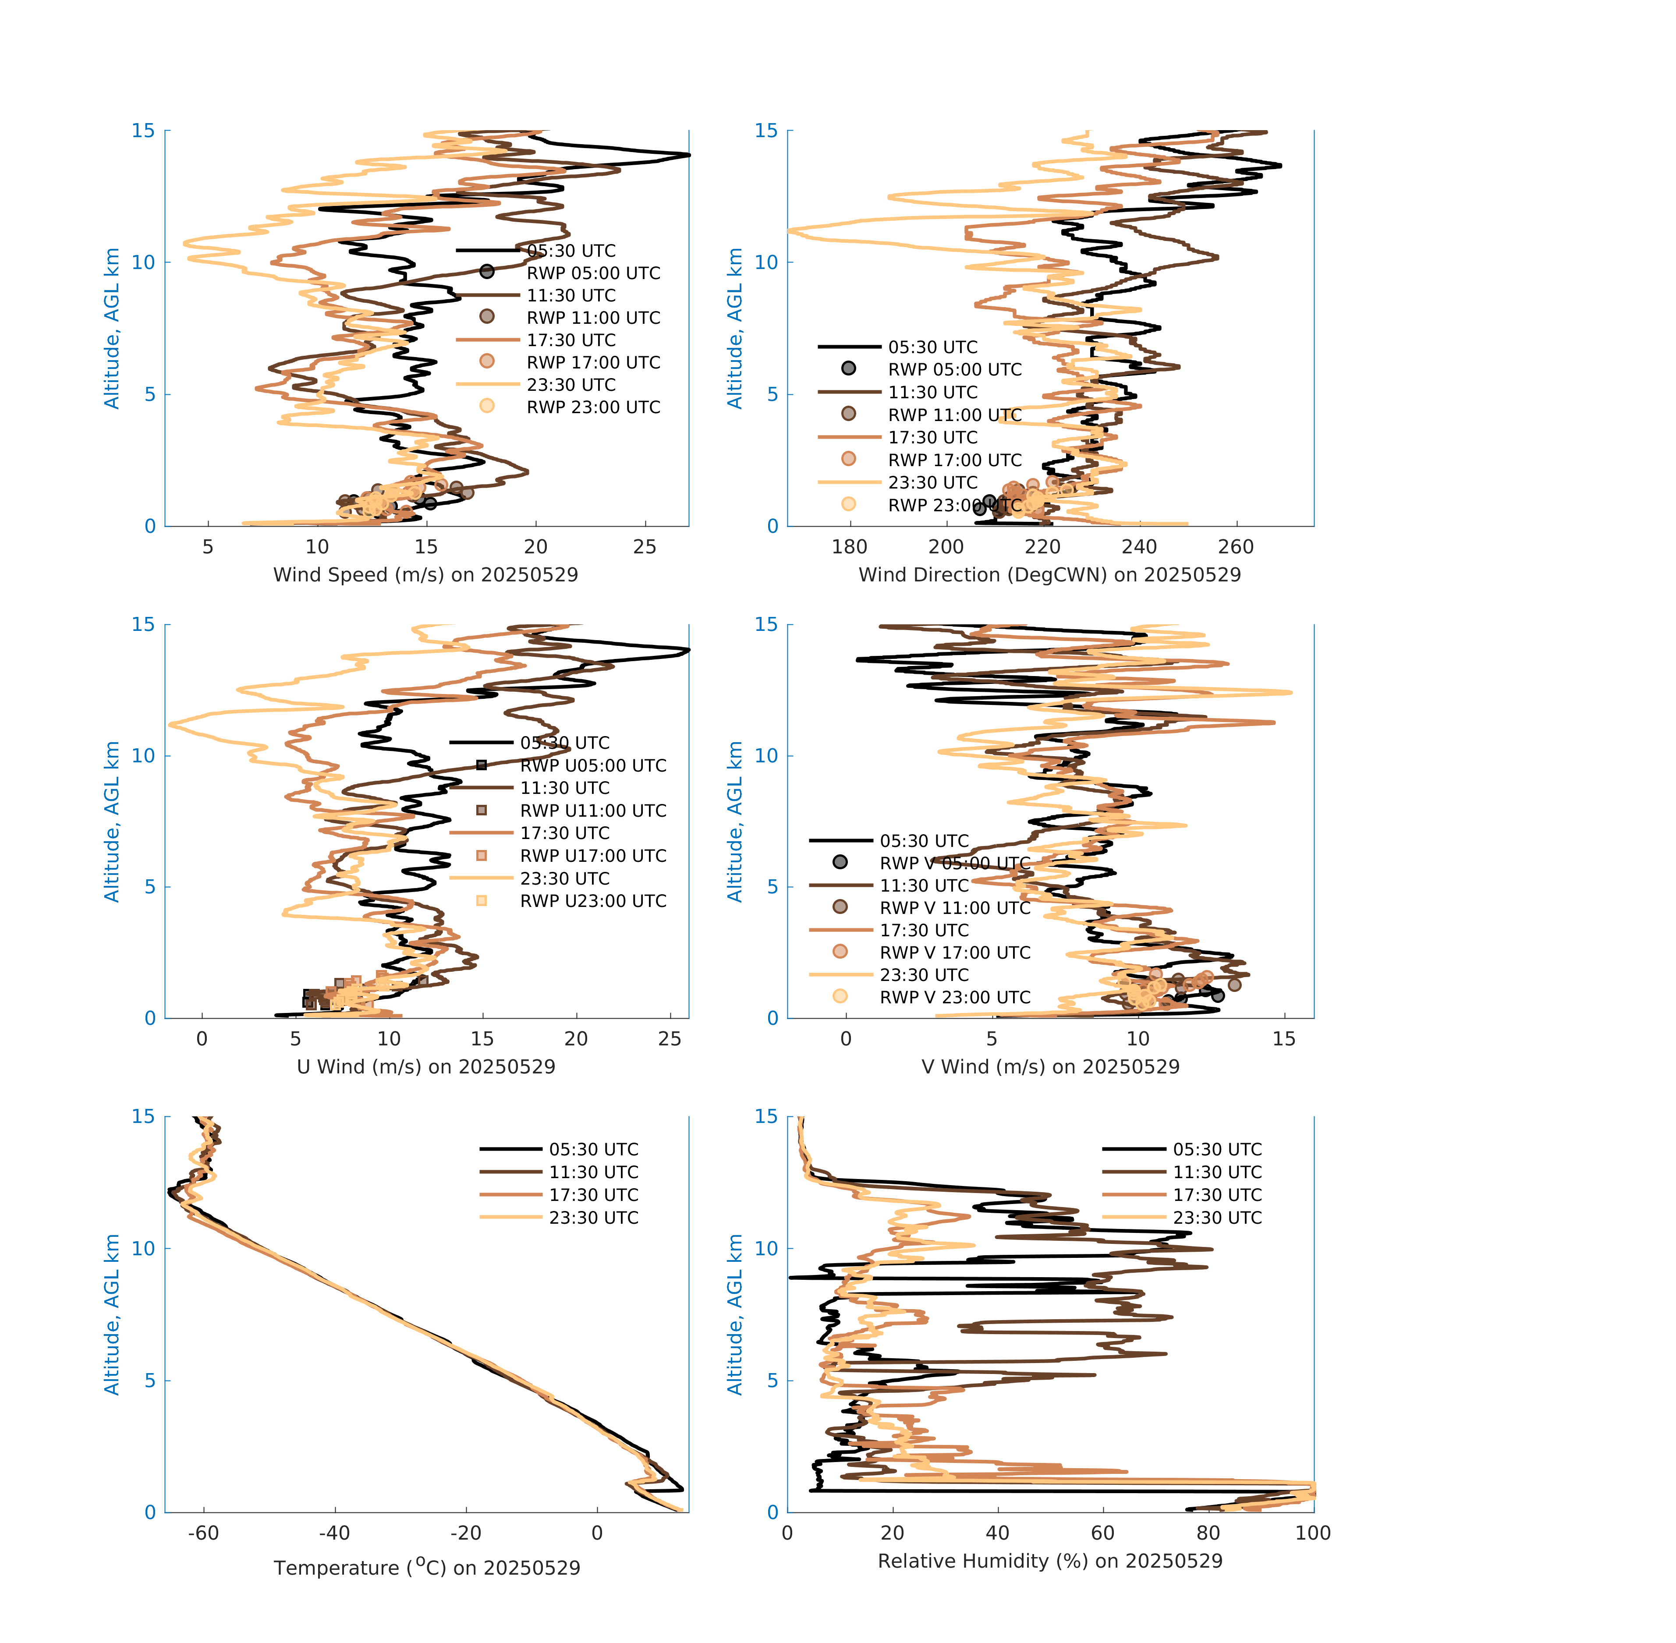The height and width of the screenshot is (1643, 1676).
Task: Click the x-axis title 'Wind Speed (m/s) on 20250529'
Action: coord(425,575)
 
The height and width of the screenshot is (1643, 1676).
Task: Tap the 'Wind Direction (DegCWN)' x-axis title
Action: coord(1049,575)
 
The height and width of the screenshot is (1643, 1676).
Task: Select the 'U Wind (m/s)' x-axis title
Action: coord(425,1066)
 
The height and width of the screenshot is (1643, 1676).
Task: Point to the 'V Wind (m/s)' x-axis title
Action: coord(1049,1066)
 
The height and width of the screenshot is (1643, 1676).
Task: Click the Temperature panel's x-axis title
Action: coord(426,1567)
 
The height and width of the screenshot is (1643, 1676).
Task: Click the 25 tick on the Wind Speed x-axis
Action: coord(645,547)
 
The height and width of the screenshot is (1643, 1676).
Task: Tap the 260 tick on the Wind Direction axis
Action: coord(1236,547)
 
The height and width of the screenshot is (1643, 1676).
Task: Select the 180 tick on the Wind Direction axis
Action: coord(849,547)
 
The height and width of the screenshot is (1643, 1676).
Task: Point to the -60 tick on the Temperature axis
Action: coord(204,1533)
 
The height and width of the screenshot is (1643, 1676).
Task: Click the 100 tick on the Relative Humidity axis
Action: coord(1313,1533)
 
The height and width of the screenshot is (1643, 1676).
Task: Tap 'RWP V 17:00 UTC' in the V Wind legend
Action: coord(954,953)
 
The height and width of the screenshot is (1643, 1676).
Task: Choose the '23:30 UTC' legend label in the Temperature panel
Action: coord(594,1218)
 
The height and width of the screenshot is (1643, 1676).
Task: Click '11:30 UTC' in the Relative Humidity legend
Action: coord(1217,1172)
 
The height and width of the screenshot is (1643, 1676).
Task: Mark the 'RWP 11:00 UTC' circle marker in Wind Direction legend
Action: coord(848,413)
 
